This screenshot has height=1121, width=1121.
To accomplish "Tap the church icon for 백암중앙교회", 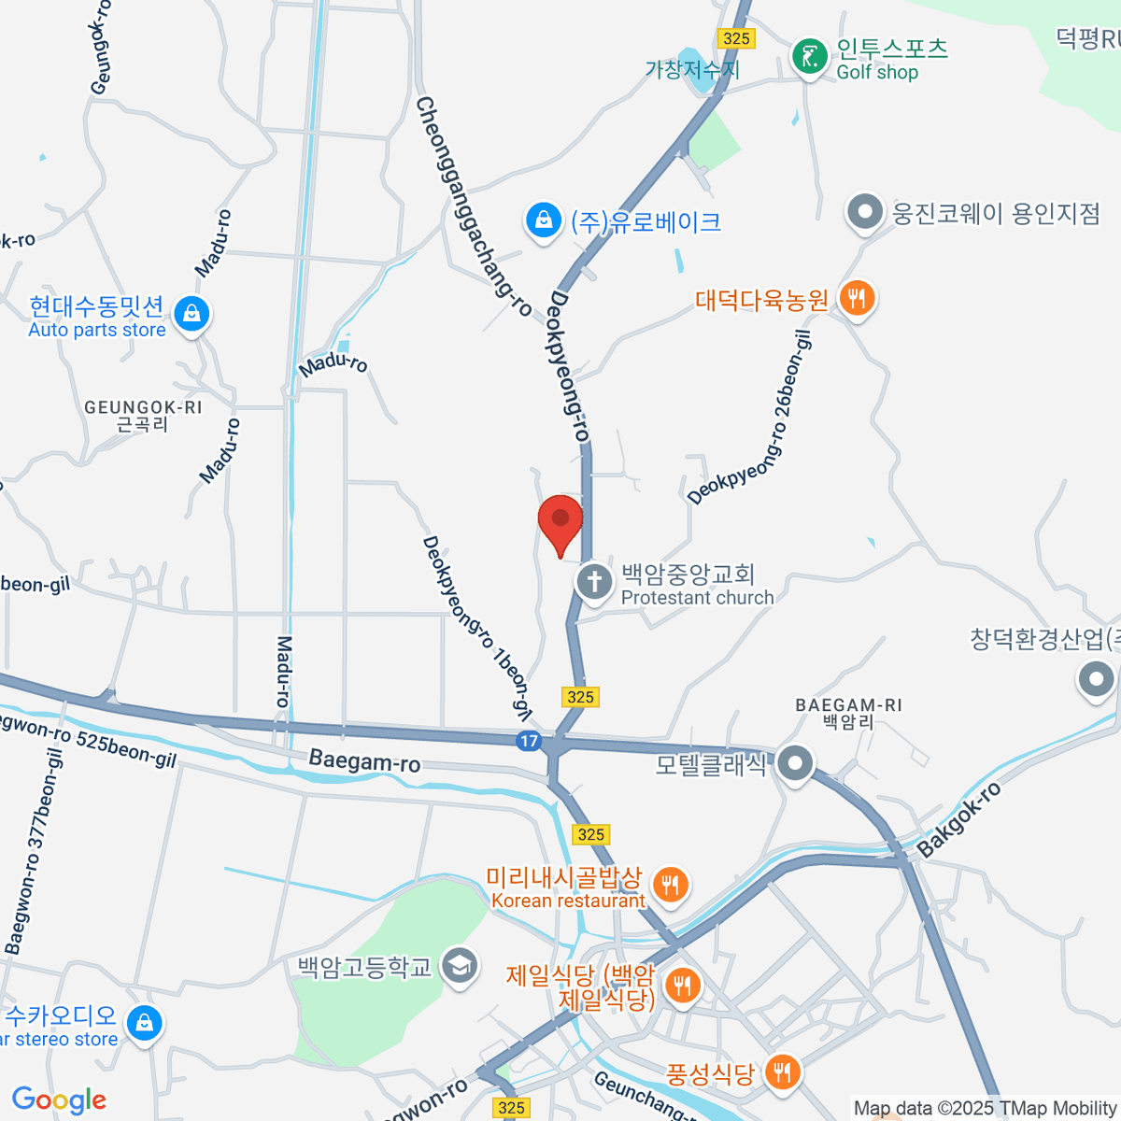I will pos(594,582).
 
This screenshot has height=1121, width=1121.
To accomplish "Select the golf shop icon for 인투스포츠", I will pos(809,57).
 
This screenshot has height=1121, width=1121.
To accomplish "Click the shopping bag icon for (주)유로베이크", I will pos(543,220).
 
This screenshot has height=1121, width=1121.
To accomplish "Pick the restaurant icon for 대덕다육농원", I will pos(856,299).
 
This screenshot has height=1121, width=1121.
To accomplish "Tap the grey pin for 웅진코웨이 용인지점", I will pos(865,212).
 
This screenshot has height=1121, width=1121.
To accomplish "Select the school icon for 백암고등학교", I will pos(460,966).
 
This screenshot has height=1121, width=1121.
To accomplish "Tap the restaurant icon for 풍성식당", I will pos(782,1071).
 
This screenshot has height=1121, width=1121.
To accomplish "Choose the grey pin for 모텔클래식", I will pos(795,764).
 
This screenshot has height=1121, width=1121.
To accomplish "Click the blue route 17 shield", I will pos(529,741).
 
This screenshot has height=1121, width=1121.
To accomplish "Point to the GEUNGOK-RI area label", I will pos(143,415).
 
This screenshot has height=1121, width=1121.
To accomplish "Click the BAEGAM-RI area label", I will pos(848,713).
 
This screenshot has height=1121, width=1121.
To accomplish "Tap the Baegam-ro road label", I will pos(364,761).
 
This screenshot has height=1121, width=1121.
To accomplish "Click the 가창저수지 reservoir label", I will pos(692,69).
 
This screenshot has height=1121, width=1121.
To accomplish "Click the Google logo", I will pos(59,1100).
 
